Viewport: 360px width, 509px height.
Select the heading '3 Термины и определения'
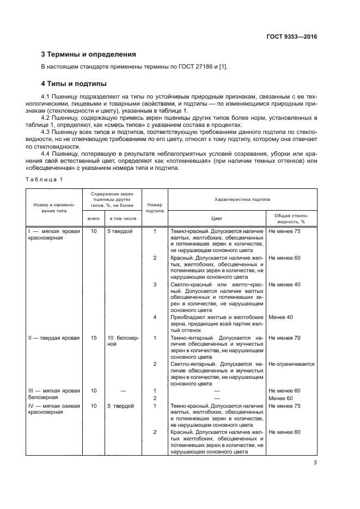(89, 54)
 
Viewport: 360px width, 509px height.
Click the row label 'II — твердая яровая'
(54, 338)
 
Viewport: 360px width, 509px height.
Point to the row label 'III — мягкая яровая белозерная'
(54, 394)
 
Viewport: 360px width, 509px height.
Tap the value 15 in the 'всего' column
(94, 338)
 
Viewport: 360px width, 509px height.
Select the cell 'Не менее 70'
(285, 338)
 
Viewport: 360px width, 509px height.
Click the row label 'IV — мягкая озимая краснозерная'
(54, 409)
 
